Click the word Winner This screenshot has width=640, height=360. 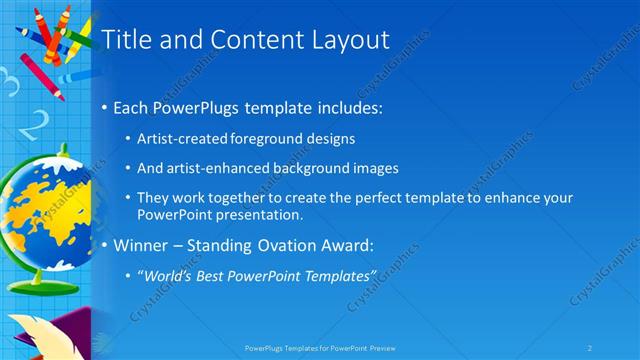click(x=140, y=244)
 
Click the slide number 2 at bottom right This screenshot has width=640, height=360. click(x=591, y=347)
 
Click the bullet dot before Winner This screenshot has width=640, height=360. click(x=105, y=245)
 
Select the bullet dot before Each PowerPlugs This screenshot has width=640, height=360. click(x=105, y=107)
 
